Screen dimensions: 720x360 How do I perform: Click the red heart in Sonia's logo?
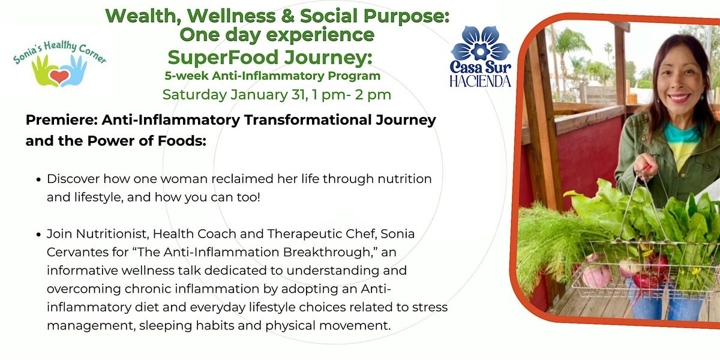59,77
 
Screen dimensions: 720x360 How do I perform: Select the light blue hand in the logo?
74,71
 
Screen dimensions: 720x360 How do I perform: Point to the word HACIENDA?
480,82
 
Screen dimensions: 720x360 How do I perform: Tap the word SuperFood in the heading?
223,58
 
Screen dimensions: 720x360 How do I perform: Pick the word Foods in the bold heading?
182,141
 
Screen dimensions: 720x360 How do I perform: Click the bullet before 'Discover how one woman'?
39,179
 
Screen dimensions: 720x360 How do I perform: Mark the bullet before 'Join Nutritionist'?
39,235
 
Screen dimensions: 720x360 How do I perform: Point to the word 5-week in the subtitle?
187,76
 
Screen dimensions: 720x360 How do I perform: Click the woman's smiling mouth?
679,97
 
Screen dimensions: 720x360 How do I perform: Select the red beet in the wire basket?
646,280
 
